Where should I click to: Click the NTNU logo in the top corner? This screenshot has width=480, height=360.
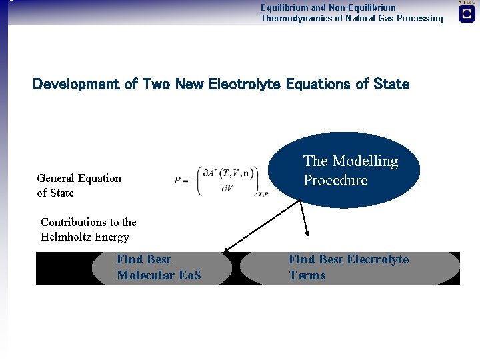(x=467, y=13)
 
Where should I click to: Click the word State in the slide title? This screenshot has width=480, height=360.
(x=391, y=84)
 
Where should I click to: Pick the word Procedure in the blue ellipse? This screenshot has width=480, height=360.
(x=335, y=181)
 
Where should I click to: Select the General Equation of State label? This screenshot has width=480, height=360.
(x=79, y=185)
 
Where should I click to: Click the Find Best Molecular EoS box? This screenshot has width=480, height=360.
(x=163, y=268)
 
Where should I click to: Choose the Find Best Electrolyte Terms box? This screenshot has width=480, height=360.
(x=349, y=268)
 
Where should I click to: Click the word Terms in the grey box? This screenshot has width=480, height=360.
(x=307, y=275)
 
